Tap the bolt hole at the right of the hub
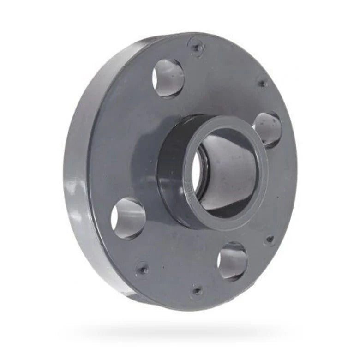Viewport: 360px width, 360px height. click(x=268, y=130)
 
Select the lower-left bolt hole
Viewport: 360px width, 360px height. click(x=128, y=218)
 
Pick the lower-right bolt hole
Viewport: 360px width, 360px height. click(x=232, y=261)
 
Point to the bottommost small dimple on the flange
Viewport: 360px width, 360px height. click(x=197, y=291)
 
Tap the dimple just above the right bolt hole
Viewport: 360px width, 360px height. click(x=262, y=84)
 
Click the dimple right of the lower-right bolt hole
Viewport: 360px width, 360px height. click(x=270, y=239)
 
